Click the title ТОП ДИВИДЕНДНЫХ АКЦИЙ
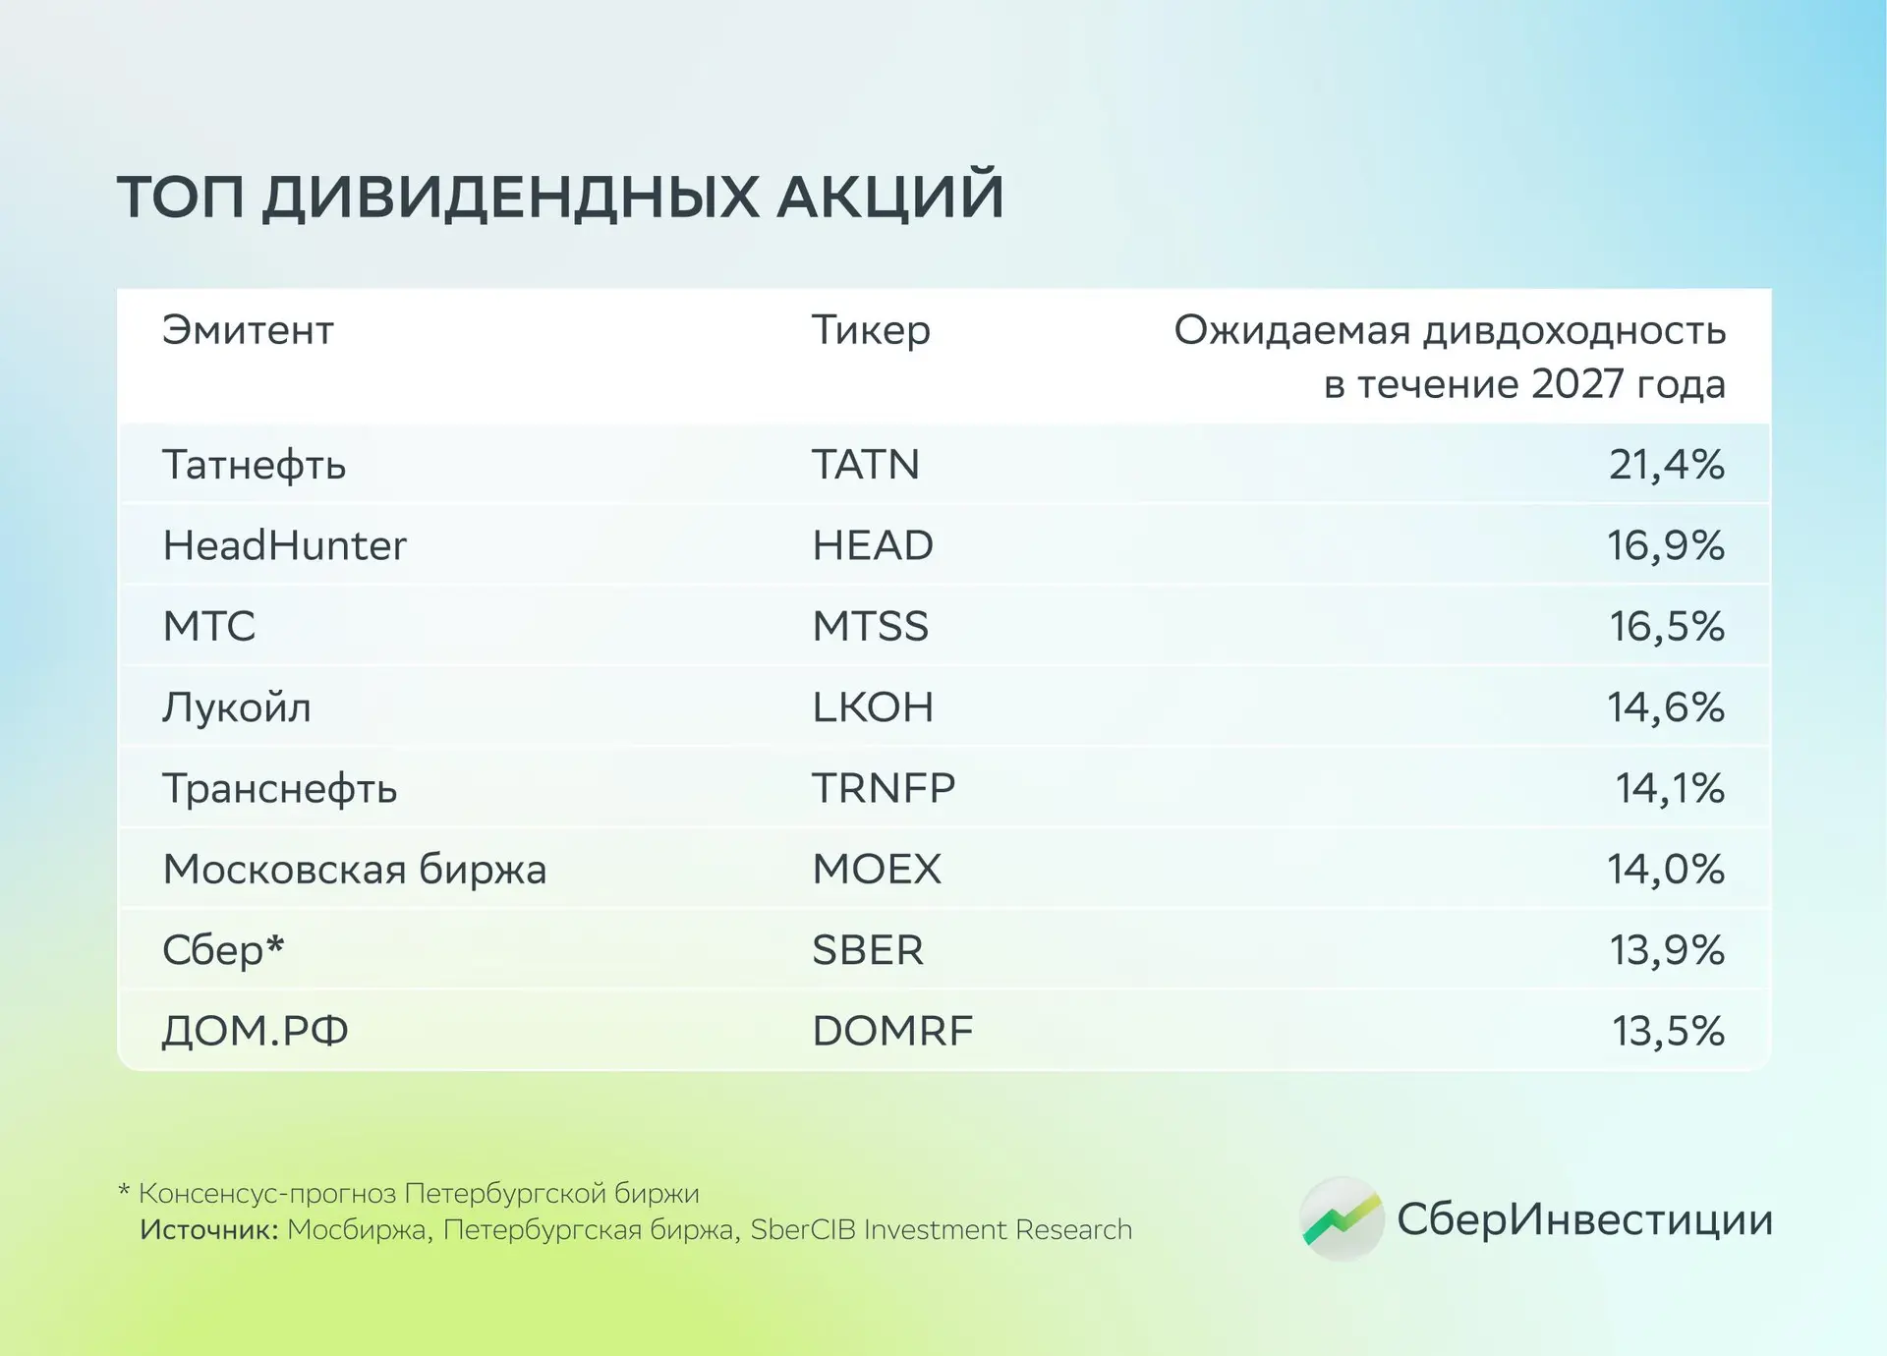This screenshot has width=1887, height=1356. (x=560, y=196)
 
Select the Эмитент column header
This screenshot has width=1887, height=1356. (x=248, y=330)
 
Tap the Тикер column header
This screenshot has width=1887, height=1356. (x=871, y=331)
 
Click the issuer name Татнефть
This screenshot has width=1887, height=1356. (x=255, y=465)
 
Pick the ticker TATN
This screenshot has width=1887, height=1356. (x=866, y=465)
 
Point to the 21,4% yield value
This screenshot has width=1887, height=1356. (x=1667, y=465)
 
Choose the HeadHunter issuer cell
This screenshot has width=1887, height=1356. (x=284, y=545)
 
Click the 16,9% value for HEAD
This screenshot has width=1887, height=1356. (x=1666, y=545)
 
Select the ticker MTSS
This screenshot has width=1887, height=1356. (x=870, y=626)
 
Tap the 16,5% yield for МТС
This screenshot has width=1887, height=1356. (x=1667, y=626)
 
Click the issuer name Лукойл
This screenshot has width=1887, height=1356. (x=237, y=707)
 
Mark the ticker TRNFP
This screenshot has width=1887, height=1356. (x=884, y=788)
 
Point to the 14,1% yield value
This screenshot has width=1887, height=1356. (x=1670, y=788)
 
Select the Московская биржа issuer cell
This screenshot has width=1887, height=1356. (x=355, y=870)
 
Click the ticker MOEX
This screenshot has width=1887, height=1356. (x=877, y=870)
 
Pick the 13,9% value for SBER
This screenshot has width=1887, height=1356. (x=1667, y=950)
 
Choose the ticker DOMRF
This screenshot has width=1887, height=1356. (x=892, y=1031)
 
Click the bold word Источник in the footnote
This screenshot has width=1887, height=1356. (x=209, y=1230)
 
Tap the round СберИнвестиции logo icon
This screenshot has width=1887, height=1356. (x=1342, y=1219)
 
